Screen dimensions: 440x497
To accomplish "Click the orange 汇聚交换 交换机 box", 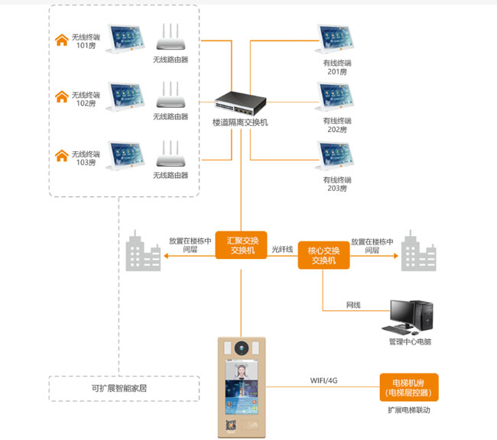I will pyautogui.click(x=241, y=244).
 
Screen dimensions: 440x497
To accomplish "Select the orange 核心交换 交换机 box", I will pyautogui.click(x=323, y=254).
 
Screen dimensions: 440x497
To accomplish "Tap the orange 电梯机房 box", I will pyautogui.click(x=409, y=387).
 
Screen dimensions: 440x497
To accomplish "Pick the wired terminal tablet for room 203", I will pyautogui.click(x=337, y=158).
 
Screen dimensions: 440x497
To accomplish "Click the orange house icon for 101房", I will pyautogui.click(x=61, y=40).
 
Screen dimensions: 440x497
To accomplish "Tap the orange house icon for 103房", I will pyautogui.click(x=61, y=157).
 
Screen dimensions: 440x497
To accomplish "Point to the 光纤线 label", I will pyautogui.click(x=282, y=249).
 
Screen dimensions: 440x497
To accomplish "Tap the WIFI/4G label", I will pyautogui.click(x=323, y=380).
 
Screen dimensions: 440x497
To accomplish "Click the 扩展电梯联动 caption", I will pyautogui.click(x=409, y=410).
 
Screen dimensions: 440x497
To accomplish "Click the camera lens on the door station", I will pyautogui.click(x=241, y=348).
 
